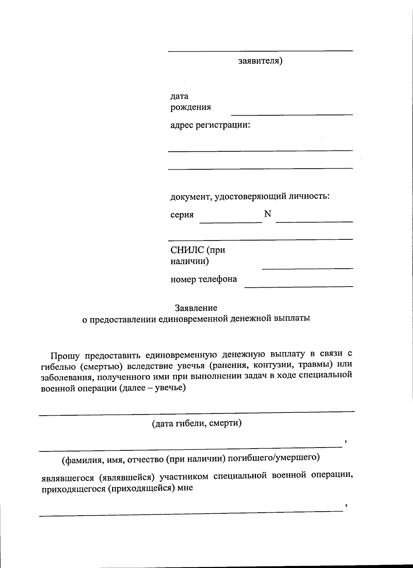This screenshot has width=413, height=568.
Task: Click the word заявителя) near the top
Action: (261, 61)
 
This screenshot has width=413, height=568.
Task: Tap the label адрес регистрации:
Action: (210, 125)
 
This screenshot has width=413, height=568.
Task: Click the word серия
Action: (182, 215)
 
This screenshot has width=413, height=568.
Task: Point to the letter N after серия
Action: (268, 214)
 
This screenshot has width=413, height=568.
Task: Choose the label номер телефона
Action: (204, 279)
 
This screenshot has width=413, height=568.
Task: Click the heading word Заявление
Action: (196, 308)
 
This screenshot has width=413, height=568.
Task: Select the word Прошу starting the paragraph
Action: (65, 355)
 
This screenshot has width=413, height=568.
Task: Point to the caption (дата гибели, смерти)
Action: (197, 423)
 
